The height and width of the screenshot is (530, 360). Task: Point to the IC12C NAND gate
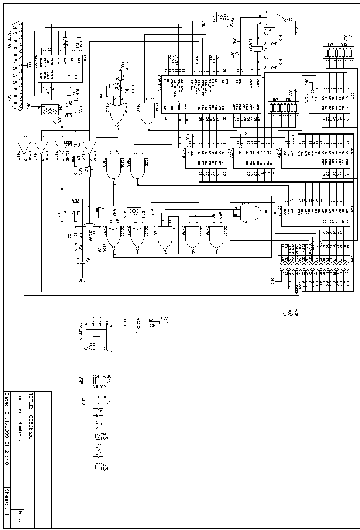(113, 171)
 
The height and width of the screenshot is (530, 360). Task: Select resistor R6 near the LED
(152, 323)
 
